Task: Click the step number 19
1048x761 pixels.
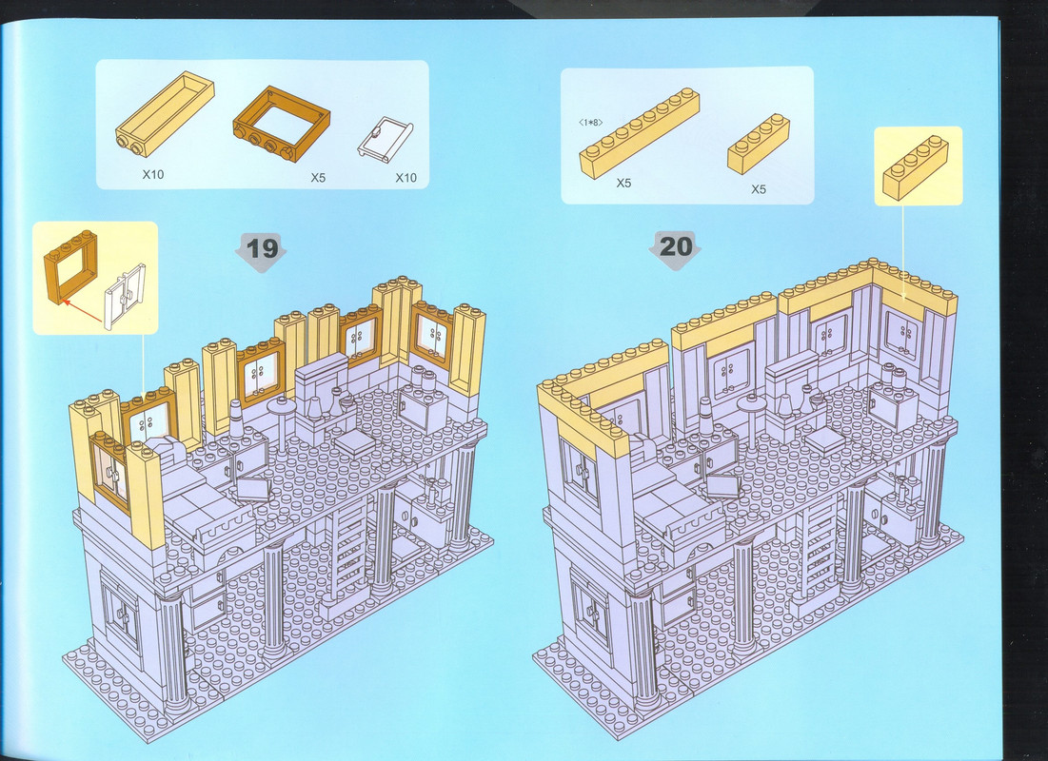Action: pyautogui.click(x=262, y=248)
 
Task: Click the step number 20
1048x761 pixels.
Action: pyautogui.click(x=676, y=246)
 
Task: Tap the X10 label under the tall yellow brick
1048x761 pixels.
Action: pyautogui.click(x=153, y=174)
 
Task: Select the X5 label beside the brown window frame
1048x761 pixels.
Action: pyautogui.click(x=318, y=178)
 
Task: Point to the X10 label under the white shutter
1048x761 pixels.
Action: pyautogui.click(x=405, y=178)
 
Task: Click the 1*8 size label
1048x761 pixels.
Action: pyautogui.click(x=591, y=123)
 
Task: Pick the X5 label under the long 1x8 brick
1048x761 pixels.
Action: pyautogui.click(x=623, y=183)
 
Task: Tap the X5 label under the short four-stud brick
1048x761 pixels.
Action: pyautogui.click(x=758, y=189)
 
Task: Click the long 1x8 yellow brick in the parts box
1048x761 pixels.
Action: pyautogui.click(x=640, y=133)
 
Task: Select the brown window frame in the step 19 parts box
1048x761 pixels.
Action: pyautogui.click(x=282, y=124)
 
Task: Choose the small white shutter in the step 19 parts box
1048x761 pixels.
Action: pyautogui.click(x=385, y=139)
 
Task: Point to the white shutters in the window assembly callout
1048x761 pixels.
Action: pyautogui.click(x=125, y=297)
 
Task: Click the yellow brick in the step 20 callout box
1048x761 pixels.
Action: pyautogui.click(x=916, y=167)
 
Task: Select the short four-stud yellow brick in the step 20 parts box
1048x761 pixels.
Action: pyautogui.click(x=759, y=144)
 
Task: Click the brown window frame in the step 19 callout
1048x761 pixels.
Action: pyautogui.click(x=70, y=266)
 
